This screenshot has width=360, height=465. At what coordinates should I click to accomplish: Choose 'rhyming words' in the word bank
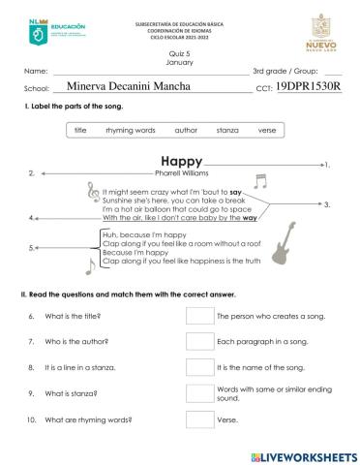(130, 130)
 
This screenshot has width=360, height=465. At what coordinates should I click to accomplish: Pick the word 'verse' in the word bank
(266, 130)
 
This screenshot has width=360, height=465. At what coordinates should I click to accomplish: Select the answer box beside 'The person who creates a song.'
(199, 316)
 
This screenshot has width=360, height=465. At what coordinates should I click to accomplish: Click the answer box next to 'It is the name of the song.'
(199, 368)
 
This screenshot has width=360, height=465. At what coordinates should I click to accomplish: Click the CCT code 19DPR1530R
(309, 86)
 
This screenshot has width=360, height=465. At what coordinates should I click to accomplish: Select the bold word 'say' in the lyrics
(235, 192)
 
